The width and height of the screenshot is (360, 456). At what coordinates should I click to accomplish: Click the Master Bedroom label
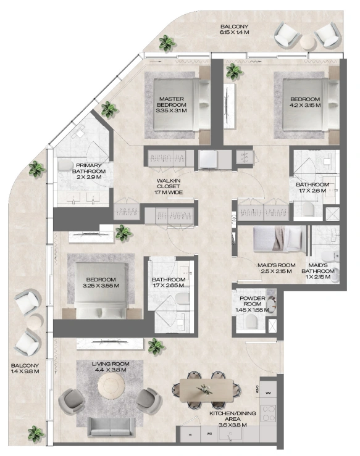click(x=171, y=105)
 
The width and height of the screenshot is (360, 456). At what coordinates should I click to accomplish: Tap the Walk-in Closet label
click(x=169, y=186)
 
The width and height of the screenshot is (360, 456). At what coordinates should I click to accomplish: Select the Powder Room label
click(x=253, y=304)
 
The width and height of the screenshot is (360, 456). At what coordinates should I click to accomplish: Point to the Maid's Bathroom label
click(x=318, y=271)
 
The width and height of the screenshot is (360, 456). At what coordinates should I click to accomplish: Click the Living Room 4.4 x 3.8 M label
click(x=111, y=367)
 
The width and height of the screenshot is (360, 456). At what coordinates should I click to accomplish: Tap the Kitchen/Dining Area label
click(x=233, y=419)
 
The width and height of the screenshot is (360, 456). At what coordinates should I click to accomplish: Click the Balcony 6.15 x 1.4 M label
click(x=234, y=30)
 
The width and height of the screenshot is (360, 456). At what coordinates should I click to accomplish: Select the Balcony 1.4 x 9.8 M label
click(x=25, y=368)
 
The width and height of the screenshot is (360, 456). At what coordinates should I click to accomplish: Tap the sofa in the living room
click(x=111, y=427)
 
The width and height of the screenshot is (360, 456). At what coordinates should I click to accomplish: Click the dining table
click(x=206, y=390)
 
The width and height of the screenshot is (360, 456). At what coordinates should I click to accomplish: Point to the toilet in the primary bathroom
click(x=65, y=165)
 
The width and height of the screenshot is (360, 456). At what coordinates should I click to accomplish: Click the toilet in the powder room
click(x=251, y=321)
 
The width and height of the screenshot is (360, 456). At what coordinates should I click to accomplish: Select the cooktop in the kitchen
click(x=269, y=413)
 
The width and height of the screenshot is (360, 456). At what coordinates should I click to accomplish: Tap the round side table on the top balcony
click(x=308, y=41)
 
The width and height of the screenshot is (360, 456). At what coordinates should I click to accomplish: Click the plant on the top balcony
click(x=167, y=43)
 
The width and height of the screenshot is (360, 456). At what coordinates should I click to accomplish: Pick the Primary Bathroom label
click(x=89, y=172)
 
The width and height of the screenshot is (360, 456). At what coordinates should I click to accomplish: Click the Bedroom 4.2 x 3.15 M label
click(x=305, y=102)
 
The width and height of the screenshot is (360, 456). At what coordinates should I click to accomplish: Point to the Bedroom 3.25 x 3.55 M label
click(x=101, y=283)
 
